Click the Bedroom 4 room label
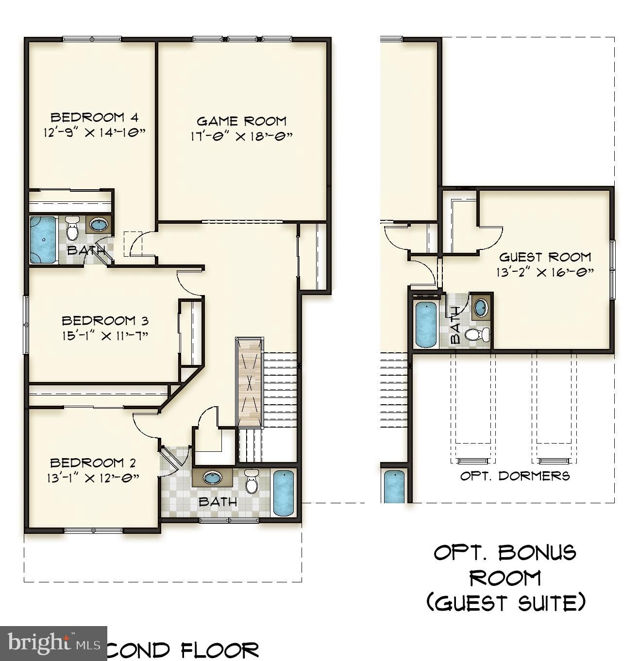[x=94, y=117]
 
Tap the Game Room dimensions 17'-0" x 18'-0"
[x=241, y=136]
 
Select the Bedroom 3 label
[x=105, y=320]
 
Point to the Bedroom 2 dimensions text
[x=93, y=478]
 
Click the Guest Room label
[x=545, y=257]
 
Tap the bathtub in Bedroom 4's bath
[x=44, y=240]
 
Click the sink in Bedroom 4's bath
[x=99, y=225]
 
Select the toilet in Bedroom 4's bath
[x=72, y=228]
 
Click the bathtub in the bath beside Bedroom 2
[x=283, y=493]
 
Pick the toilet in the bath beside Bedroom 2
[x=252, y=481]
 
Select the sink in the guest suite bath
[x=481, y=307]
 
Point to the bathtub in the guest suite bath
[x=426, y=324]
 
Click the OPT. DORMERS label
[x=515, y=476]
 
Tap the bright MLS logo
[x=53, y=644]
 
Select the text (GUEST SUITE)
[x=505, y=603]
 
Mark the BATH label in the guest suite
[x=455, y=318]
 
